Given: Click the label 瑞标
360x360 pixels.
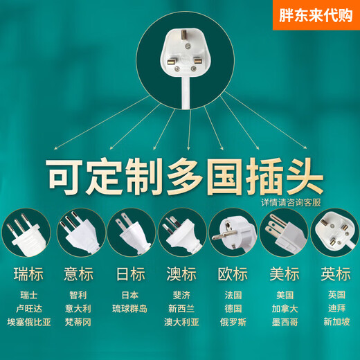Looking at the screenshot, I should tap(28, 274).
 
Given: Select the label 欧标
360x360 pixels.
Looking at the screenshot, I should tap(232, 274).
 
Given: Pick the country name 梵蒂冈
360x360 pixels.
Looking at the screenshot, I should tap(79, 322).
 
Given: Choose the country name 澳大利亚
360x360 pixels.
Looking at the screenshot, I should tap(181, 322).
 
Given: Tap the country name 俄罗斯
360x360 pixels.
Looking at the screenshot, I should tap(232, 322).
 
